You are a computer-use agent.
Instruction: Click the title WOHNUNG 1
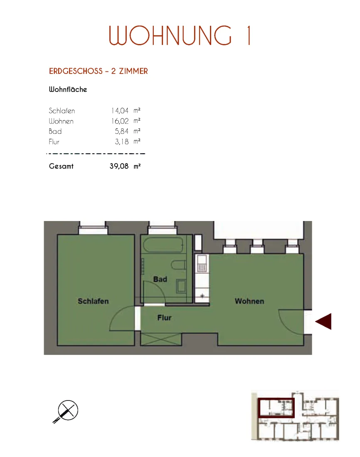tap(180, 36)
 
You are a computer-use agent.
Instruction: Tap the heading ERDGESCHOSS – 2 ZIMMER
tap(99, 71)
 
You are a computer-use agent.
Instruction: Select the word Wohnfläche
tap(68, 89)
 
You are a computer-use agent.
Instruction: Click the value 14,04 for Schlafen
tap(120, 111)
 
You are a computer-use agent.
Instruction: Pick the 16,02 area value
tap(120, 121)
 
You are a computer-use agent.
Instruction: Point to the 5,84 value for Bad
tap(121, 131)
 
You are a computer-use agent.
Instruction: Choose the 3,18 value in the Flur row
tap(122, 142)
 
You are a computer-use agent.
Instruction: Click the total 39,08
tap(119, 166)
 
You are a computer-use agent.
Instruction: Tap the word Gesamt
tap(61, 166)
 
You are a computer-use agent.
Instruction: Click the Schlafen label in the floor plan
tap(93, 301)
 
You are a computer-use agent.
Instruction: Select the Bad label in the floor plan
tap(160, 279)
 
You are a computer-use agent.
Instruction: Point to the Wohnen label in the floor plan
tap(249, 301)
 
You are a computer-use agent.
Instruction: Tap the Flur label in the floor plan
tap(165, 318)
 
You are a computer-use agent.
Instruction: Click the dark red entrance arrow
tap(324, 322)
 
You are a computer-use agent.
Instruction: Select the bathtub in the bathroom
tap(163, 245)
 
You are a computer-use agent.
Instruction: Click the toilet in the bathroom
tap(178, 265)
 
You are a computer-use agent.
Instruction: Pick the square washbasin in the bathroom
tap(181, 286)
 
